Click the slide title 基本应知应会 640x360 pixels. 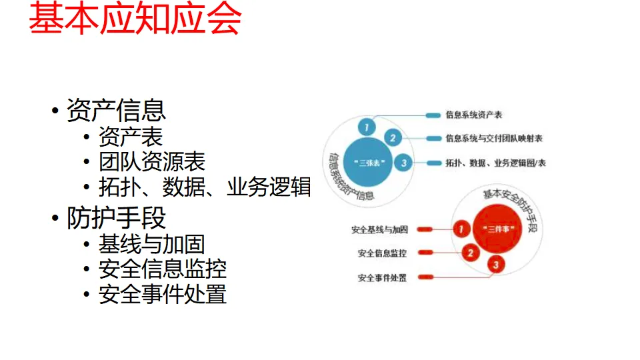coord(135,19)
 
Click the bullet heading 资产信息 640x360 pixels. coord(116,110)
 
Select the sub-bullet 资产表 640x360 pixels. coord(131,137)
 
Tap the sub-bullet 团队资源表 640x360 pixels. coord(152,162)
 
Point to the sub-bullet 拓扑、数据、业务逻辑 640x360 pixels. coord(205,187)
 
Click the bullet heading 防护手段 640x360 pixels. coord(116,218)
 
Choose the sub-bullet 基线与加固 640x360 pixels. coord(152,245)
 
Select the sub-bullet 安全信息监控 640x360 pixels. coord(163,269)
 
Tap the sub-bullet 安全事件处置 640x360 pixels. coord(163,294)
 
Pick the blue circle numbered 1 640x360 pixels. coord(365,127)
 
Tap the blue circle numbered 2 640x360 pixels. coord(393,139)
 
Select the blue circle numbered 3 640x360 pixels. coord(403,163)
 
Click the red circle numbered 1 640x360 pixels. coord(461,229)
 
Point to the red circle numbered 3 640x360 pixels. coord(495,265)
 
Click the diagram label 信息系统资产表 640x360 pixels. coord(474,115)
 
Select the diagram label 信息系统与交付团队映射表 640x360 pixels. coord(494,139)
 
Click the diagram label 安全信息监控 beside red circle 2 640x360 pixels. coord(382,253)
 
